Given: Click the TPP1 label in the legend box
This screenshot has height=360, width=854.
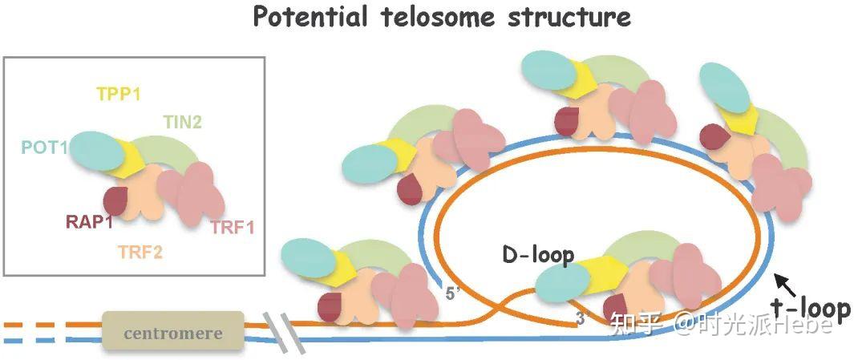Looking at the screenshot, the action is click(119, 95).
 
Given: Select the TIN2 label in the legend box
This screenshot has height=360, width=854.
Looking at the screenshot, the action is click(183, 122).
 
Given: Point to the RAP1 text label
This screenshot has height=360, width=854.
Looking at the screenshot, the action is click(89, 223).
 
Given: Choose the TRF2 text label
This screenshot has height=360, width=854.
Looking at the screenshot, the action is click(140, 252).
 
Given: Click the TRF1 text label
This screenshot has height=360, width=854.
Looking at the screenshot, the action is click(233, 228).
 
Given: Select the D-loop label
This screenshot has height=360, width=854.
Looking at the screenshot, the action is click(538, 256).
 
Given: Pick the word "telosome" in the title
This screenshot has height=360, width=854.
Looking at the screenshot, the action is click(442, 18).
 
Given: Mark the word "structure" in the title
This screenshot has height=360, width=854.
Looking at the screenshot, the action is click(569, 18).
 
